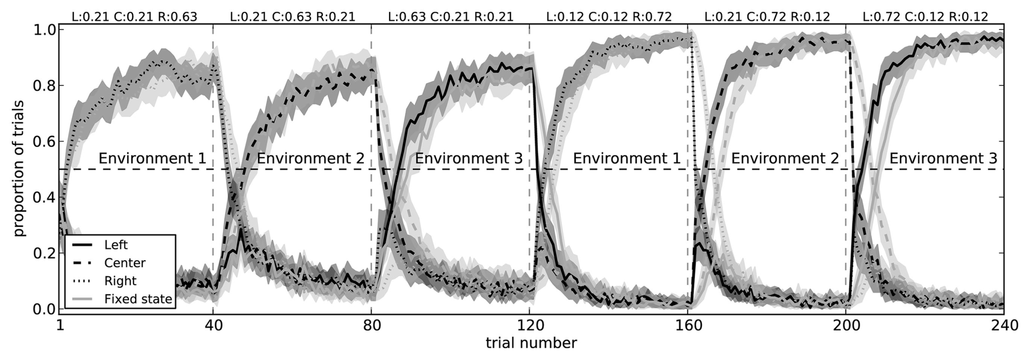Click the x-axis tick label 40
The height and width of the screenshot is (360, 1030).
pos(213,326)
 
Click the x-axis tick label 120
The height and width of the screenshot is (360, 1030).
pos(529,326)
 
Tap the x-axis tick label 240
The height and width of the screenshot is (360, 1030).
pos(1004,326)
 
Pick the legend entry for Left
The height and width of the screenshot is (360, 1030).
pos(116,245)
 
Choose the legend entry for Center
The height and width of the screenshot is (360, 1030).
pos(125,263)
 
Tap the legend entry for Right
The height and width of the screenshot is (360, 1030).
pos(120,281)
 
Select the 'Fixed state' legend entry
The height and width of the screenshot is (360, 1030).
pos(138,299)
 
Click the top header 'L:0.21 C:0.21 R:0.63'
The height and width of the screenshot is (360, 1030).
pos(134,17)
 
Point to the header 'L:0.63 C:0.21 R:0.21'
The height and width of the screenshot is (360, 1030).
pos(451,17)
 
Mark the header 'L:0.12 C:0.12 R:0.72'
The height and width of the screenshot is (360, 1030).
pos(609,17)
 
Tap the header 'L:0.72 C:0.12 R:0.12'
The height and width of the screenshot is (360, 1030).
pos(925,17)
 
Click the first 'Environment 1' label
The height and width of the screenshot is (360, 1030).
pos(152,159)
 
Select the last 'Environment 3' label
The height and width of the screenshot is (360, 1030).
pos(943,159)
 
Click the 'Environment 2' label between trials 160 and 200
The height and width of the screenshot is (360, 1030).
pos(785,159)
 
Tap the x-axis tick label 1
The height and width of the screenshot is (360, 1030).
pos(60,326)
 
